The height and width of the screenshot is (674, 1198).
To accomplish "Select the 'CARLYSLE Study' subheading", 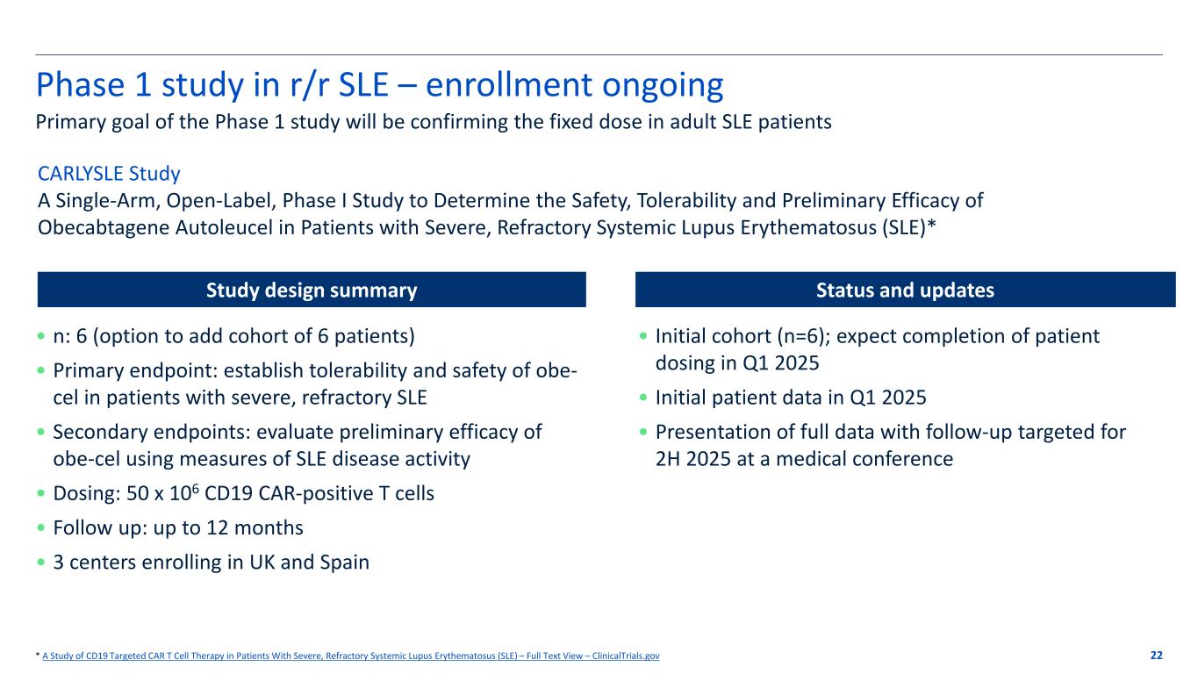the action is click(109, 173).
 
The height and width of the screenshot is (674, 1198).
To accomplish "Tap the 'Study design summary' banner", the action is click(312, 290).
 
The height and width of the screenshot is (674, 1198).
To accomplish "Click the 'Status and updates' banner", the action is click(905, 290).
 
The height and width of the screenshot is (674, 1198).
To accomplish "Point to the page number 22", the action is click(1156, 656).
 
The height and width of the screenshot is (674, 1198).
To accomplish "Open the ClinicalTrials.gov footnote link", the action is click(351, 656).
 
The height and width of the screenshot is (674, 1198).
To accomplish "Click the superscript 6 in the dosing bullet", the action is click(195, 488).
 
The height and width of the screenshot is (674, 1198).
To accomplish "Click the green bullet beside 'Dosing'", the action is click(41, 493).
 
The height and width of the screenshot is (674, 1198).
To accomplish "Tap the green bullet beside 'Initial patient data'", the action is click(643, 398).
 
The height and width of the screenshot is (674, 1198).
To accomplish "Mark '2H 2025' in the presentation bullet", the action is click(693, 459).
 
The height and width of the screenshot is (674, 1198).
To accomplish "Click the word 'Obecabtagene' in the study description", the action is click(104, 228).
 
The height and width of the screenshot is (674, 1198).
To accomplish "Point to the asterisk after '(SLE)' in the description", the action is click(931, 225).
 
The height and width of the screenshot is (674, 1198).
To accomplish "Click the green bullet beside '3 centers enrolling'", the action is click(41, 563).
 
